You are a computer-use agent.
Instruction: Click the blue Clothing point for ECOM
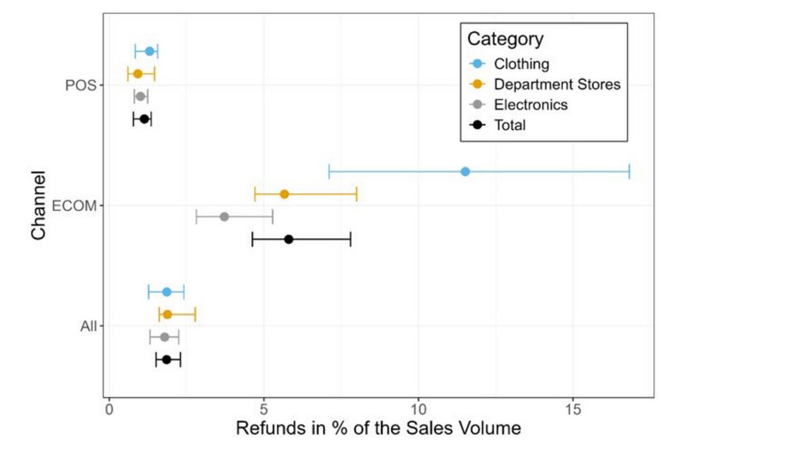click(465, 171)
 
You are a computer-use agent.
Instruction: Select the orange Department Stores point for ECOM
click(284, 194)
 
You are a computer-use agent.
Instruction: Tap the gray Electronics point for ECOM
click(224, 216)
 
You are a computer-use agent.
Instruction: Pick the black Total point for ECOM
click(289, 240)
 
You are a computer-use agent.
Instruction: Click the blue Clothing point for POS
click(149, 51)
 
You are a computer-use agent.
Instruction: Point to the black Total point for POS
click(144, 119)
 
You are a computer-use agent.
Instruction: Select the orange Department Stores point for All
click(167, 314)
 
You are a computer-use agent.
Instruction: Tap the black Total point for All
click(167, 359)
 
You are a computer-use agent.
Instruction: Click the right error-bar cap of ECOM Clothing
click(629, 171)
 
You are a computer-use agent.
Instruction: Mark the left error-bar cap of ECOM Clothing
click(329, 171)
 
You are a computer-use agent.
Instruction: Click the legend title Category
click(505, 39)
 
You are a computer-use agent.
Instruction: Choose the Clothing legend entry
click(521, 64)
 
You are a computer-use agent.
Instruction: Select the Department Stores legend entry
click(557, 84)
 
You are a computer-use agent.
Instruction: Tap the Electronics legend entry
click(531, 105)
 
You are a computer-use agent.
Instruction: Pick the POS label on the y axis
click(81, 86)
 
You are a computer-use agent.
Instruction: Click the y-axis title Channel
click(39, 205)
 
